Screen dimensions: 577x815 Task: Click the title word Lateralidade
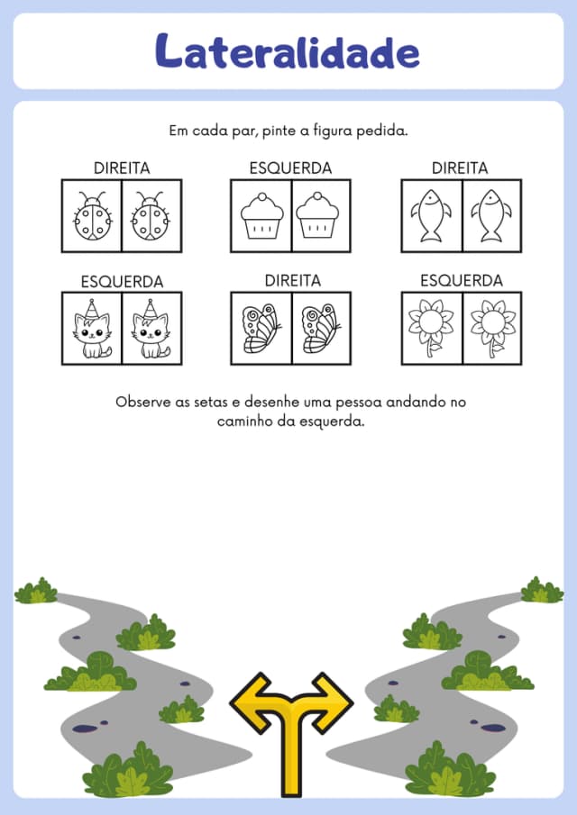pos(288,51)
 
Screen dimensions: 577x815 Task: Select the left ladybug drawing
pos(93,216)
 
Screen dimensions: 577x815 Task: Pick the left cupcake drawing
pos(262,216)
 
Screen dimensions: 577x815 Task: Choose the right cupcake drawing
pos(317,216)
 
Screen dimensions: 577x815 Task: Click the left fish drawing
pos(431,215)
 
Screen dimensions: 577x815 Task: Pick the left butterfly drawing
pos(261,329)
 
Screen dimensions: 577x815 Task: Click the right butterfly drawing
pos(321,329)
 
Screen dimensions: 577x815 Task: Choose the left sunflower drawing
pos(431,328)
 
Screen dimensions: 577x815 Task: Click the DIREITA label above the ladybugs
pos(122,168)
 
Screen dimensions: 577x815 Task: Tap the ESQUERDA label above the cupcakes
pos(290,168)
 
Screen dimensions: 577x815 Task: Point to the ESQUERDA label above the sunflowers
pos(462,281)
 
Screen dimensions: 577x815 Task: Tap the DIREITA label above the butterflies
pos(293,281)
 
